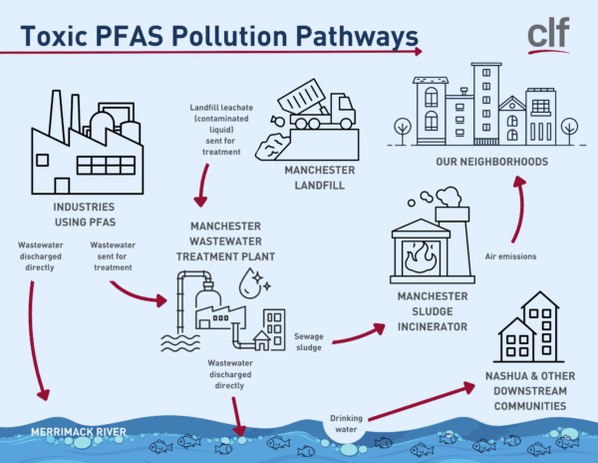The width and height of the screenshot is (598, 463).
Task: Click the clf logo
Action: coord(547,35)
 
